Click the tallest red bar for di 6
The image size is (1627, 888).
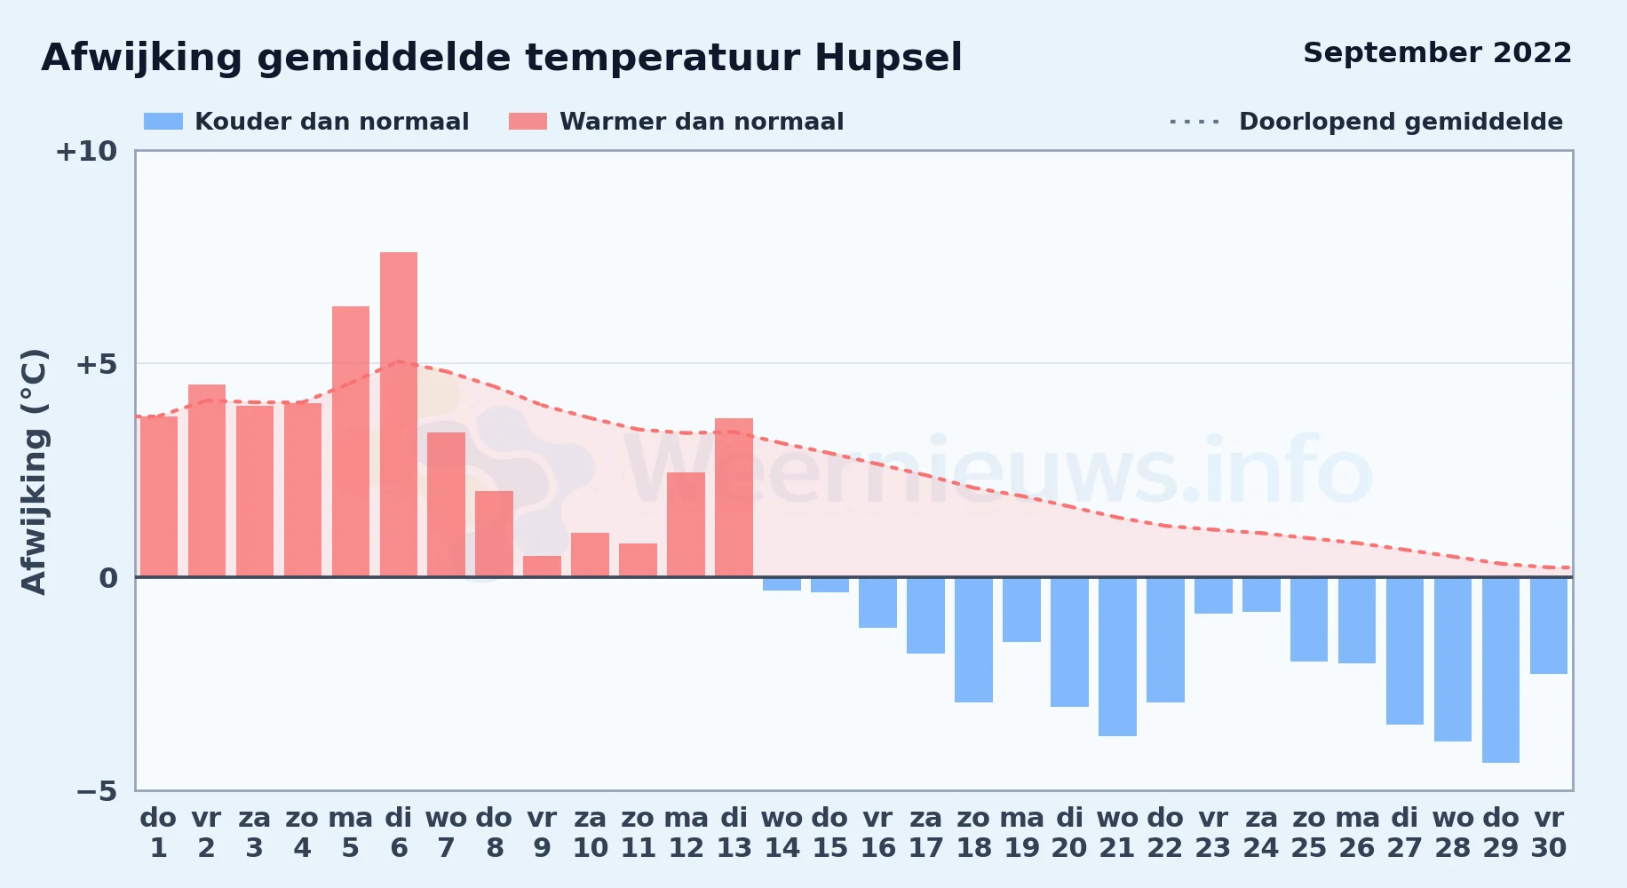[x=399, y=415]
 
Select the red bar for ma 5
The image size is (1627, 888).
[x=351, y=441]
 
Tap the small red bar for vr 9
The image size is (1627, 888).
[x=542, y=567]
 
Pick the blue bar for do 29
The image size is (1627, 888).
[x=1501, y=670]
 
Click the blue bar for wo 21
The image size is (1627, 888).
[x=1117, y=656]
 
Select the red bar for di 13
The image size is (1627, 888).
[x=734, y=497]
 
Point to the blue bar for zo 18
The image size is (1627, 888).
[x=973, y=639]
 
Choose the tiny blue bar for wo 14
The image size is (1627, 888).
[x=782, y=583]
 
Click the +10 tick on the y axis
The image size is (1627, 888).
[x=86, y=151]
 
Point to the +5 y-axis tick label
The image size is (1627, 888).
[x=96, y=364]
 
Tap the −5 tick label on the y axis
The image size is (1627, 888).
[x=96, y=790]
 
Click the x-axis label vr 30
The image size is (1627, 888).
[x=1549, y=833]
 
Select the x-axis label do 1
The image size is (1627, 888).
[x=158, y=833]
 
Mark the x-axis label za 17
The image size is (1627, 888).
[x=925, y=833]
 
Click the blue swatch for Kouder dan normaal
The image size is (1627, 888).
[x=163, y=122]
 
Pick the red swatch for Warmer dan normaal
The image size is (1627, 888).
[x=528, y=122]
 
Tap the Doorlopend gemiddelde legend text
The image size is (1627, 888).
[x=1401, y=122]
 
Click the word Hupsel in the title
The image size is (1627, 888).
[x=888, y=59]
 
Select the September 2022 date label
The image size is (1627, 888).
[x=1437, y=53]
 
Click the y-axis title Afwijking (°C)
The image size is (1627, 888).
[x=34, y=471]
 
